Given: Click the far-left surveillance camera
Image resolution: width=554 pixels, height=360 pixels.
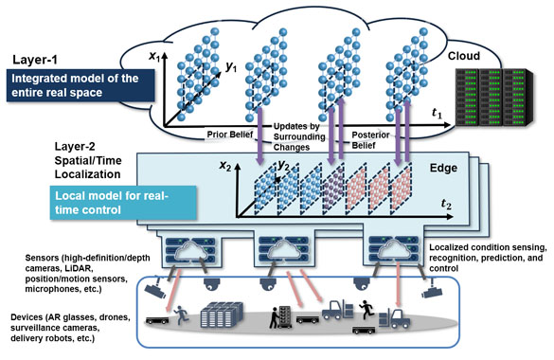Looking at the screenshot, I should [x=158, y=280].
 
